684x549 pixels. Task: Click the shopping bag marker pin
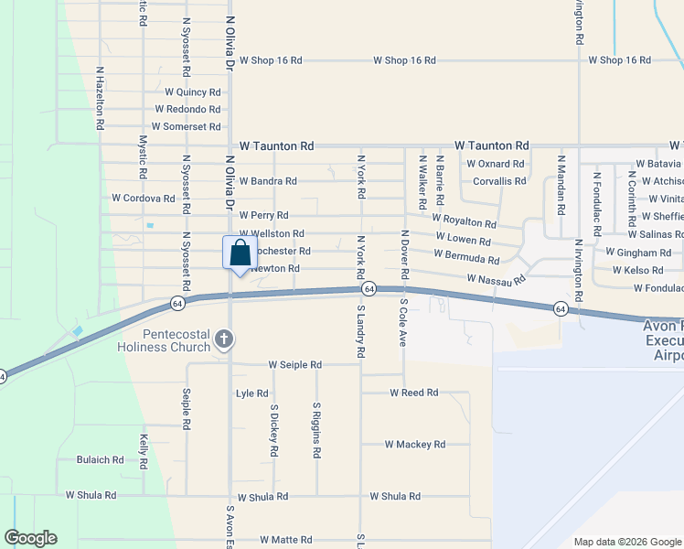pyautogui.click(x=239, y=253)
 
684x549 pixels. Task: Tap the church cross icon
pyautogui.click(x=223, y=341)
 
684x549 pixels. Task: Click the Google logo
pyautogui.click(x=30, y=538)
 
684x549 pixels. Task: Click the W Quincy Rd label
pyautogui.click(x=193, y=92)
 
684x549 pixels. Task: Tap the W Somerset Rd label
pyautogui.click(x=187, y=127)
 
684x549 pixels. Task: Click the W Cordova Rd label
pyautogui.click(x=143, y=198)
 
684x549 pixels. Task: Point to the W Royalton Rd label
pyautogui.click(x=465, y=222)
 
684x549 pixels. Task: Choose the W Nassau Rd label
pyautogui.click(x=497, y=278)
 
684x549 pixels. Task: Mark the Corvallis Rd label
pyautogui.click(x=493, y=181)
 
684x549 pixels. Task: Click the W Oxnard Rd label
pyautogui.click(x=495, y=165)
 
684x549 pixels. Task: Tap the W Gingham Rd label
pyautogui.click(x=638, y=253)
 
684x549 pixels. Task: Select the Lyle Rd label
pyautogui.click(x=251, y=393)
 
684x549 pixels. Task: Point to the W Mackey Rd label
pyautogui.click(x=414, y=445)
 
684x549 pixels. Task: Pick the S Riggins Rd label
pyautogui.click(x=316, y=430)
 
